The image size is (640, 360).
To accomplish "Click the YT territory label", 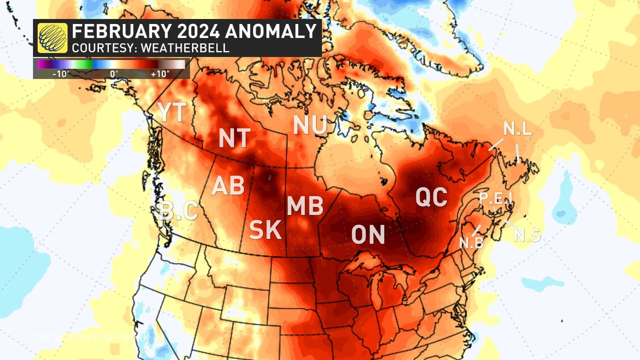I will (172, 112).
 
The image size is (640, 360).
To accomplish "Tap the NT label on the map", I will (235, 138).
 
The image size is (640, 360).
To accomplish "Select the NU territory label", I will (310, 125).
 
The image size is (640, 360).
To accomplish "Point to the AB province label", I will (228, 186).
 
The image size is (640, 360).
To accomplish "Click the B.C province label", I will (179, 211).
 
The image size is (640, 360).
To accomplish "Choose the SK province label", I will (265, 230).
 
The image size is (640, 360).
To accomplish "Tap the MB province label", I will (305, 206).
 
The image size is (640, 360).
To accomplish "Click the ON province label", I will (368, 235).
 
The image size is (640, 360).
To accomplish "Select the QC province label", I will (431, 197).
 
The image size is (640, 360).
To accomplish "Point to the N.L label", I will (517, 129).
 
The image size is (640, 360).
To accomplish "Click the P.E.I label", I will (496, 198).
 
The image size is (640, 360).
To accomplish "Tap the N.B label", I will (471, 243).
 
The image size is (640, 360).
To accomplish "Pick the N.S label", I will (527, 236).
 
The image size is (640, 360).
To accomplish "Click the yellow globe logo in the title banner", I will (52, 38).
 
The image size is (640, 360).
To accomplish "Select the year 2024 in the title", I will (198, 31).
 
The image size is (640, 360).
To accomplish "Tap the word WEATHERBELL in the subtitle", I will (185, 48).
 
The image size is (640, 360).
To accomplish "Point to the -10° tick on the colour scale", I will (61, 74).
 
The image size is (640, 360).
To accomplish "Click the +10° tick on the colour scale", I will (160, 74).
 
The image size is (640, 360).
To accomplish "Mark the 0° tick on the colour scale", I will (114, 74).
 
